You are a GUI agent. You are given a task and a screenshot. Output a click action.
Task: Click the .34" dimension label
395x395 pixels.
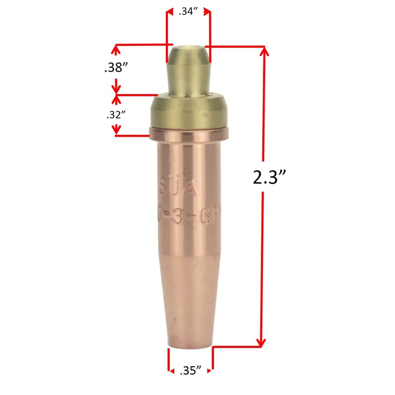pos(188,12)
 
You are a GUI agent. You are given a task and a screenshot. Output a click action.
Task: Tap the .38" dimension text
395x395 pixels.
pos(117,69)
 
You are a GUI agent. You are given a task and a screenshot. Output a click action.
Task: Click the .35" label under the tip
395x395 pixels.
pos(190,370)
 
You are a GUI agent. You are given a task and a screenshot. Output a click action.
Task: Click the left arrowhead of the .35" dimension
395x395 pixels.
pos(171,370)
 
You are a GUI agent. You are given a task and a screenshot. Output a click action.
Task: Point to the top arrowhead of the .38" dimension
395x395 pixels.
pos(117,49)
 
